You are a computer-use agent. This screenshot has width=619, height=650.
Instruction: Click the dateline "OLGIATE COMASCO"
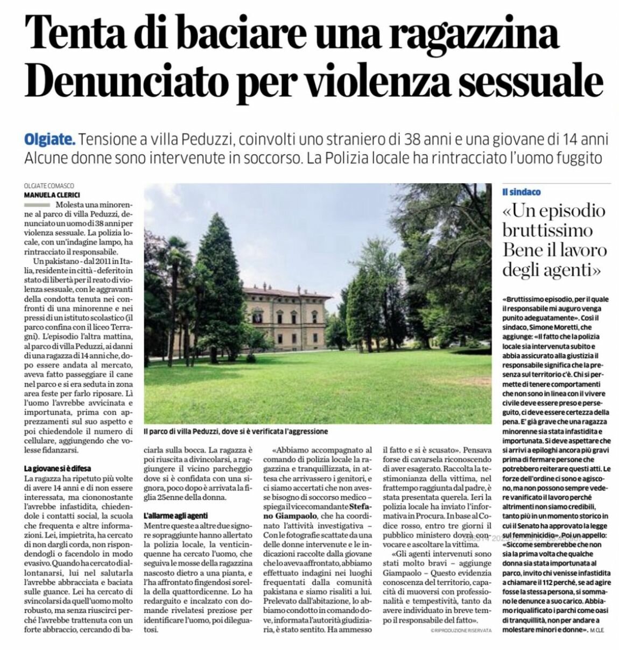(x=48, y=185)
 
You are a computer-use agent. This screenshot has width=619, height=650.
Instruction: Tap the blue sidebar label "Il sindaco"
(x=521, y=192)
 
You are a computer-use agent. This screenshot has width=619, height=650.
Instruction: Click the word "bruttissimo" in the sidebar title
(x=547, y=230)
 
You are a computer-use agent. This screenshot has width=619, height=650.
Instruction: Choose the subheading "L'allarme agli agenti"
(x=175, y=515)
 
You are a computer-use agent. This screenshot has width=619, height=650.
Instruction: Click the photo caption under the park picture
(x=236, y=431)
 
